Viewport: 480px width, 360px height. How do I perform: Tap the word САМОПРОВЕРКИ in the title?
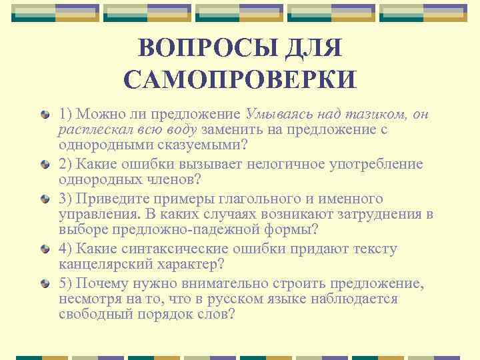[240, 80]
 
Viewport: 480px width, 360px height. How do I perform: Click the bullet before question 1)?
[44, 115]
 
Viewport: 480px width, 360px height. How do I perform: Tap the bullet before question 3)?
[44, 199]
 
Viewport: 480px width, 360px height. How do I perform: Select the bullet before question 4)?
[44, 249]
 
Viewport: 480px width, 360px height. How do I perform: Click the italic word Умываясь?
[278, 114]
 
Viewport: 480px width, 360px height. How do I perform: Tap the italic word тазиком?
[380, 114]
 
